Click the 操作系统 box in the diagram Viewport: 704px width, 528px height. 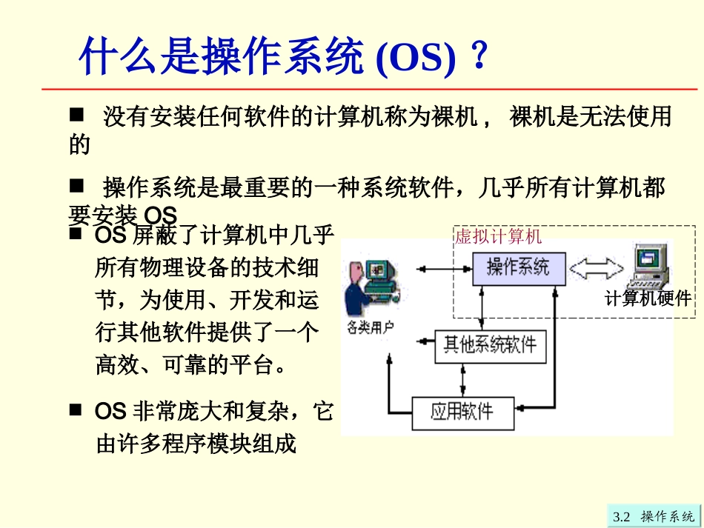[518, 267]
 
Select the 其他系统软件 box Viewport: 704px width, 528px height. [489, 344]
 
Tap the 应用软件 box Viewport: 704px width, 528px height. [462, 410]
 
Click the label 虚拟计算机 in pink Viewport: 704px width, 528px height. [498, 236]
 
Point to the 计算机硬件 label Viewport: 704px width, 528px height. [648, 298]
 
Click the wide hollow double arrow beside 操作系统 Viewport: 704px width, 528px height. [597, 268]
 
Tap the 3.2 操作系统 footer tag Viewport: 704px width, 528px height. [653, 516]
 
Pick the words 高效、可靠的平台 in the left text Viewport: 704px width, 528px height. [190, 364]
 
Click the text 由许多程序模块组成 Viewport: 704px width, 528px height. [196, 444]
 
